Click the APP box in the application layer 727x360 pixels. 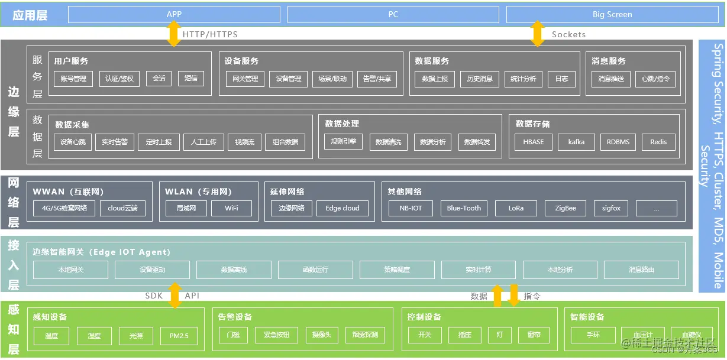(174, 14)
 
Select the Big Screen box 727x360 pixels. (612, 14)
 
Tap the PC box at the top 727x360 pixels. (393, 14)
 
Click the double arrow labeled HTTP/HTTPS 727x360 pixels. (174, 34)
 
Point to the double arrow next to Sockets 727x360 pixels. (537, 34)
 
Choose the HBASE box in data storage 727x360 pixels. (533, 142)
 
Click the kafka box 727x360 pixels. (576, 142)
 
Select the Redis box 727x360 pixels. (658, 142)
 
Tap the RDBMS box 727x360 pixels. (618, 142)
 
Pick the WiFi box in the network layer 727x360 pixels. (231, 208)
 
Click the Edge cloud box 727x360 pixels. (342, 208)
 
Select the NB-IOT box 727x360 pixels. (411, 208)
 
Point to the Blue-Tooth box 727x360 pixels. (464, 208)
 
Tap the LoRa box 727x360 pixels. (516, 208)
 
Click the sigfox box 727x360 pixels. (611, 208)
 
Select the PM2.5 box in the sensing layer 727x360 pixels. (178, 336)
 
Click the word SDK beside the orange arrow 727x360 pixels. (154, 296)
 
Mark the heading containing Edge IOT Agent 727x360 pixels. (101, 252)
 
